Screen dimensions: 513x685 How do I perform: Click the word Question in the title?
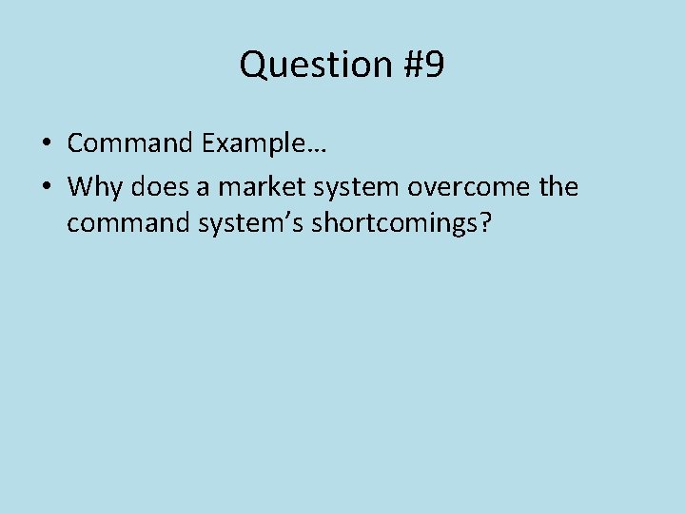pos(303,65)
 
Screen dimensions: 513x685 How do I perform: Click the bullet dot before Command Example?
pos(46,143)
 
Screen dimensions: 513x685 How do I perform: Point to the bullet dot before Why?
pos(46,187)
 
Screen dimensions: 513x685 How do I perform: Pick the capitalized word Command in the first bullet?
pos(131,143)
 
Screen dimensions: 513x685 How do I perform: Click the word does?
pos(160,187)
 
